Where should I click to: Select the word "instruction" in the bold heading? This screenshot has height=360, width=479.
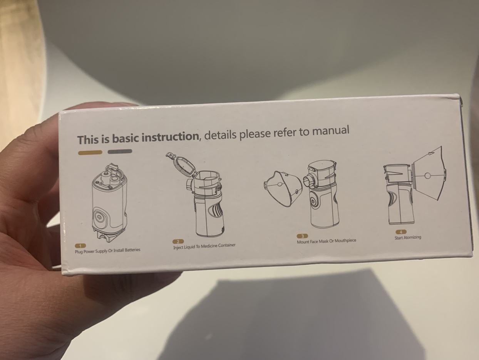170,137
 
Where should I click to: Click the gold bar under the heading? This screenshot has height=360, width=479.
90,153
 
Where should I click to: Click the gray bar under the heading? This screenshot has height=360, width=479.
120,151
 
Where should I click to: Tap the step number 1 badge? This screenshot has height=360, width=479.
80,246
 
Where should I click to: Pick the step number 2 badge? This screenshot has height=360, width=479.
178,242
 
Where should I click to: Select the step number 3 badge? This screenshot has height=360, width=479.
302,236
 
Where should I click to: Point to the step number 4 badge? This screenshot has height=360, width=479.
400,232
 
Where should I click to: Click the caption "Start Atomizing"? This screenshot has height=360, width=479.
407,237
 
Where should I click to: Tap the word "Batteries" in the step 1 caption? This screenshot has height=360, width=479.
132,250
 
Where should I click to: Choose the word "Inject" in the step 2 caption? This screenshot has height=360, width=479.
178,247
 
